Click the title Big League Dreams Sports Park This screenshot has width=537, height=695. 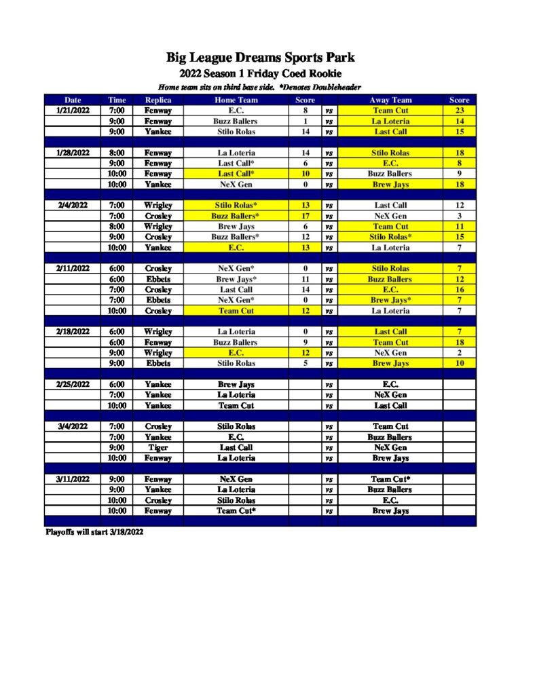tap(261, 57)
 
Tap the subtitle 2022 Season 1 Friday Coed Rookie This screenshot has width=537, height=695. tap(261, 73)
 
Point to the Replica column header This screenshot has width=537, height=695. tap(158, 100)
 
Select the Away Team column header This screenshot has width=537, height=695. tap(390, 100)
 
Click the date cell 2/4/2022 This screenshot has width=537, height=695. tap(73, 205)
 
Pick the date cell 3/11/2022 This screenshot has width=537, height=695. tap(73, 479)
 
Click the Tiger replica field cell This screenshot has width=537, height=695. tap(158, 448)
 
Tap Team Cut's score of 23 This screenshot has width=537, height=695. tap(459, 111)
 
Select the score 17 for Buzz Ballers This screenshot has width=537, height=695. tap(305, 216)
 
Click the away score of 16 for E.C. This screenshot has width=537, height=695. tap(459, 289)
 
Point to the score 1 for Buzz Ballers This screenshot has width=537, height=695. tap(305, 121)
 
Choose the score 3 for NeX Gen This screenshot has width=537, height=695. tap(459, 216)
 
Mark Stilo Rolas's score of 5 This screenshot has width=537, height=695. tap(305, 363)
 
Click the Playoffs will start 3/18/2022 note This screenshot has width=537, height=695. tap(94, 532)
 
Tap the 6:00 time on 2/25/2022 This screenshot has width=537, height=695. tap(117, 384)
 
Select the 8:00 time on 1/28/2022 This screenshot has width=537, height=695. tap(117, 153)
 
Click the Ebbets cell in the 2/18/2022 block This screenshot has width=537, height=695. tap(158, 363)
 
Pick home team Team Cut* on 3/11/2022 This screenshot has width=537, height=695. tap(236, 510)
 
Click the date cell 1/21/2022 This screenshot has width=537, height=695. tap(73, 111)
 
